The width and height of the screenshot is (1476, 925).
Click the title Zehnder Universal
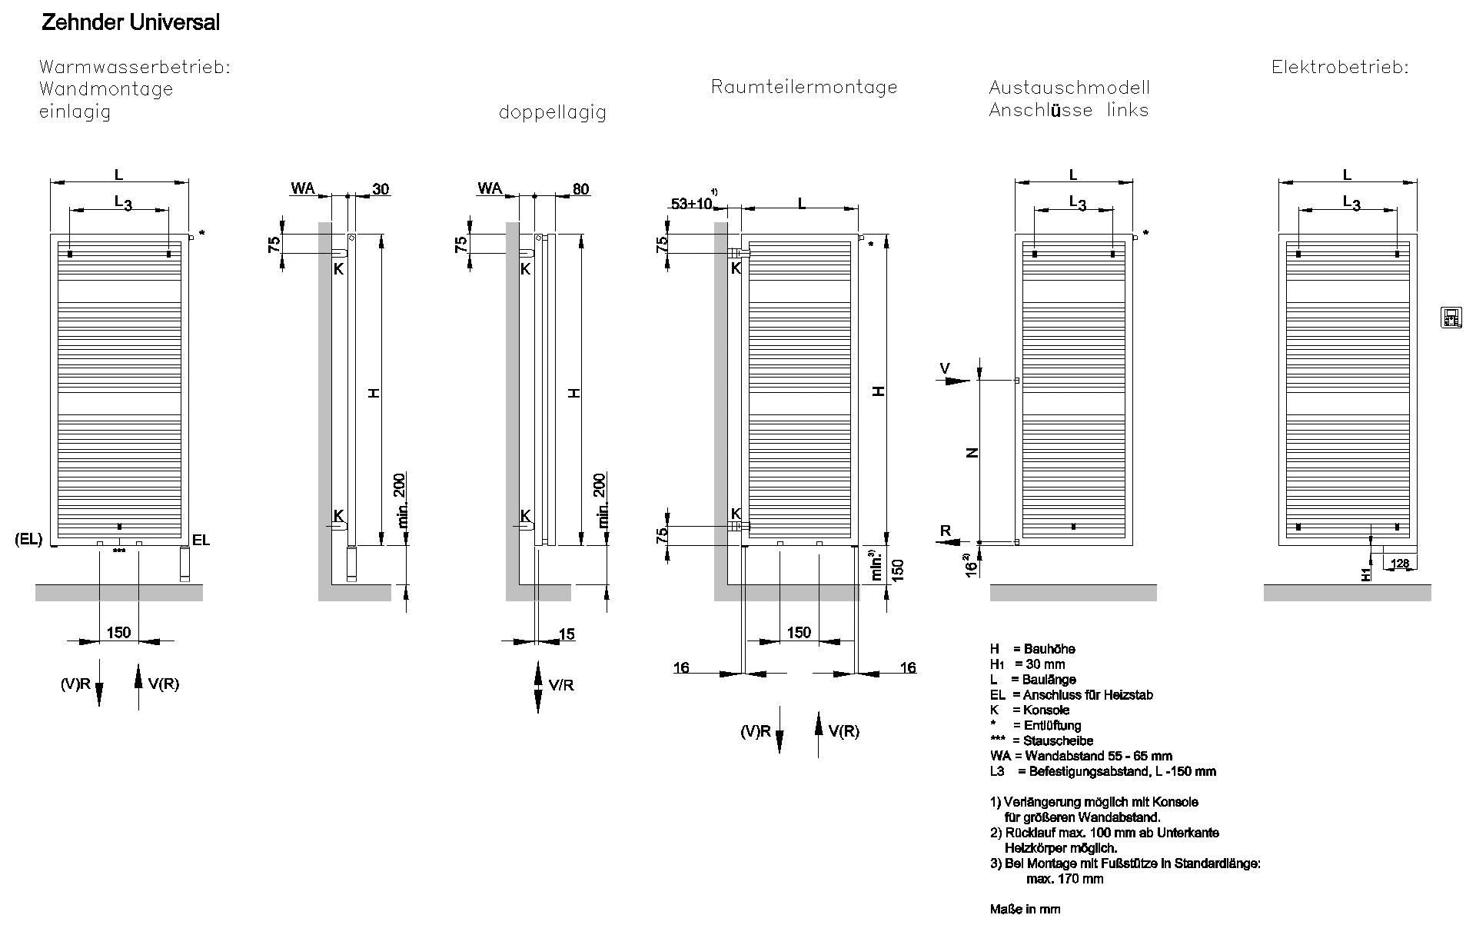point(130,23)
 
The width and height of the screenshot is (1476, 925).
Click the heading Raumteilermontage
point(804,87)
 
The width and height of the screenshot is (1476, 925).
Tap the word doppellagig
point(552,112)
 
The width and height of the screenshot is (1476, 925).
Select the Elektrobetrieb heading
point(1339,68)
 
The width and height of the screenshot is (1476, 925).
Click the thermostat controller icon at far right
point(1450,317)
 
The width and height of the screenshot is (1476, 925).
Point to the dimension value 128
point(1401,564)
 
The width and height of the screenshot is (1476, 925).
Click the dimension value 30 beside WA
point(381,189)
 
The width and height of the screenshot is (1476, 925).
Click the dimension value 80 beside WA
point(581,189)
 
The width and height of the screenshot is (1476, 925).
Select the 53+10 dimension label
point(692,204)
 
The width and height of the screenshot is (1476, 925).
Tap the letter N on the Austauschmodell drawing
point(972,453)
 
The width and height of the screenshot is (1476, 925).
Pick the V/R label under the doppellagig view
point(561,684)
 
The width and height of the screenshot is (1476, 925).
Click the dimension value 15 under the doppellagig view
point(567,634)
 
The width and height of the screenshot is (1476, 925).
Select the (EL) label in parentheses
point(28,539)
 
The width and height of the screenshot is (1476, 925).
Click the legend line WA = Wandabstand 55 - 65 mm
point(1081,756)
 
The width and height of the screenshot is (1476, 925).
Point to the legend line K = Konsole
point(1029,710)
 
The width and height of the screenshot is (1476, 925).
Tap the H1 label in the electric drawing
point(1365,574)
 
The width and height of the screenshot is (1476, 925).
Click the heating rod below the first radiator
point(184,564)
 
